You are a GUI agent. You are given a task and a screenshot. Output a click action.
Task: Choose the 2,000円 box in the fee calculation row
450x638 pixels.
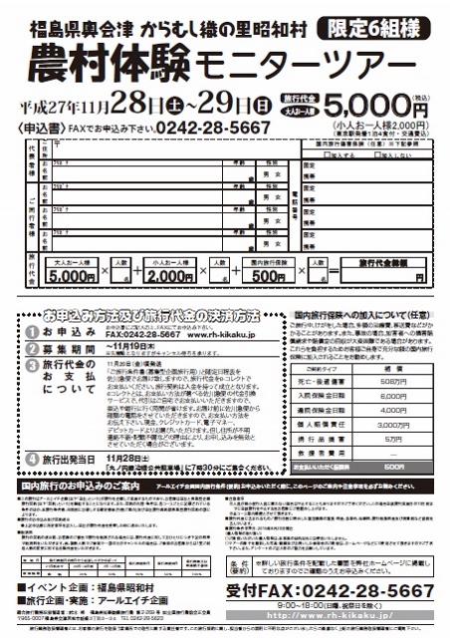[x=169, y=275]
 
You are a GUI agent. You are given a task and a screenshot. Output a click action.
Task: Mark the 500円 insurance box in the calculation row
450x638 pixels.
[x=264, y=275]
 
